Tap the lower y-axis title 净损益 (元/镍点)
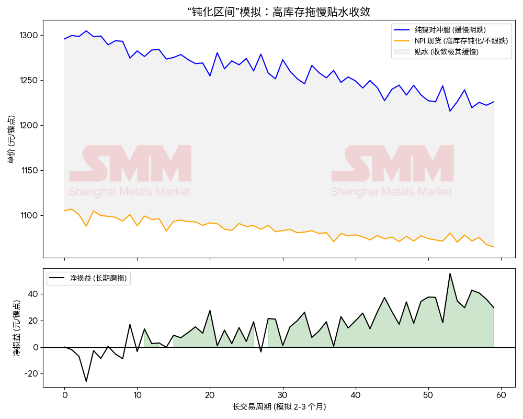(17, 328)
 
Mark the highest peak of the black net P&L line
(450, 273)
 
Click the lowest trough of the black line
(86, 381)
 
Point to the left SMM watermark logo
(130, 164)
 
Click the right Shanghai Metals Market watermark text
(392, 192)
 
